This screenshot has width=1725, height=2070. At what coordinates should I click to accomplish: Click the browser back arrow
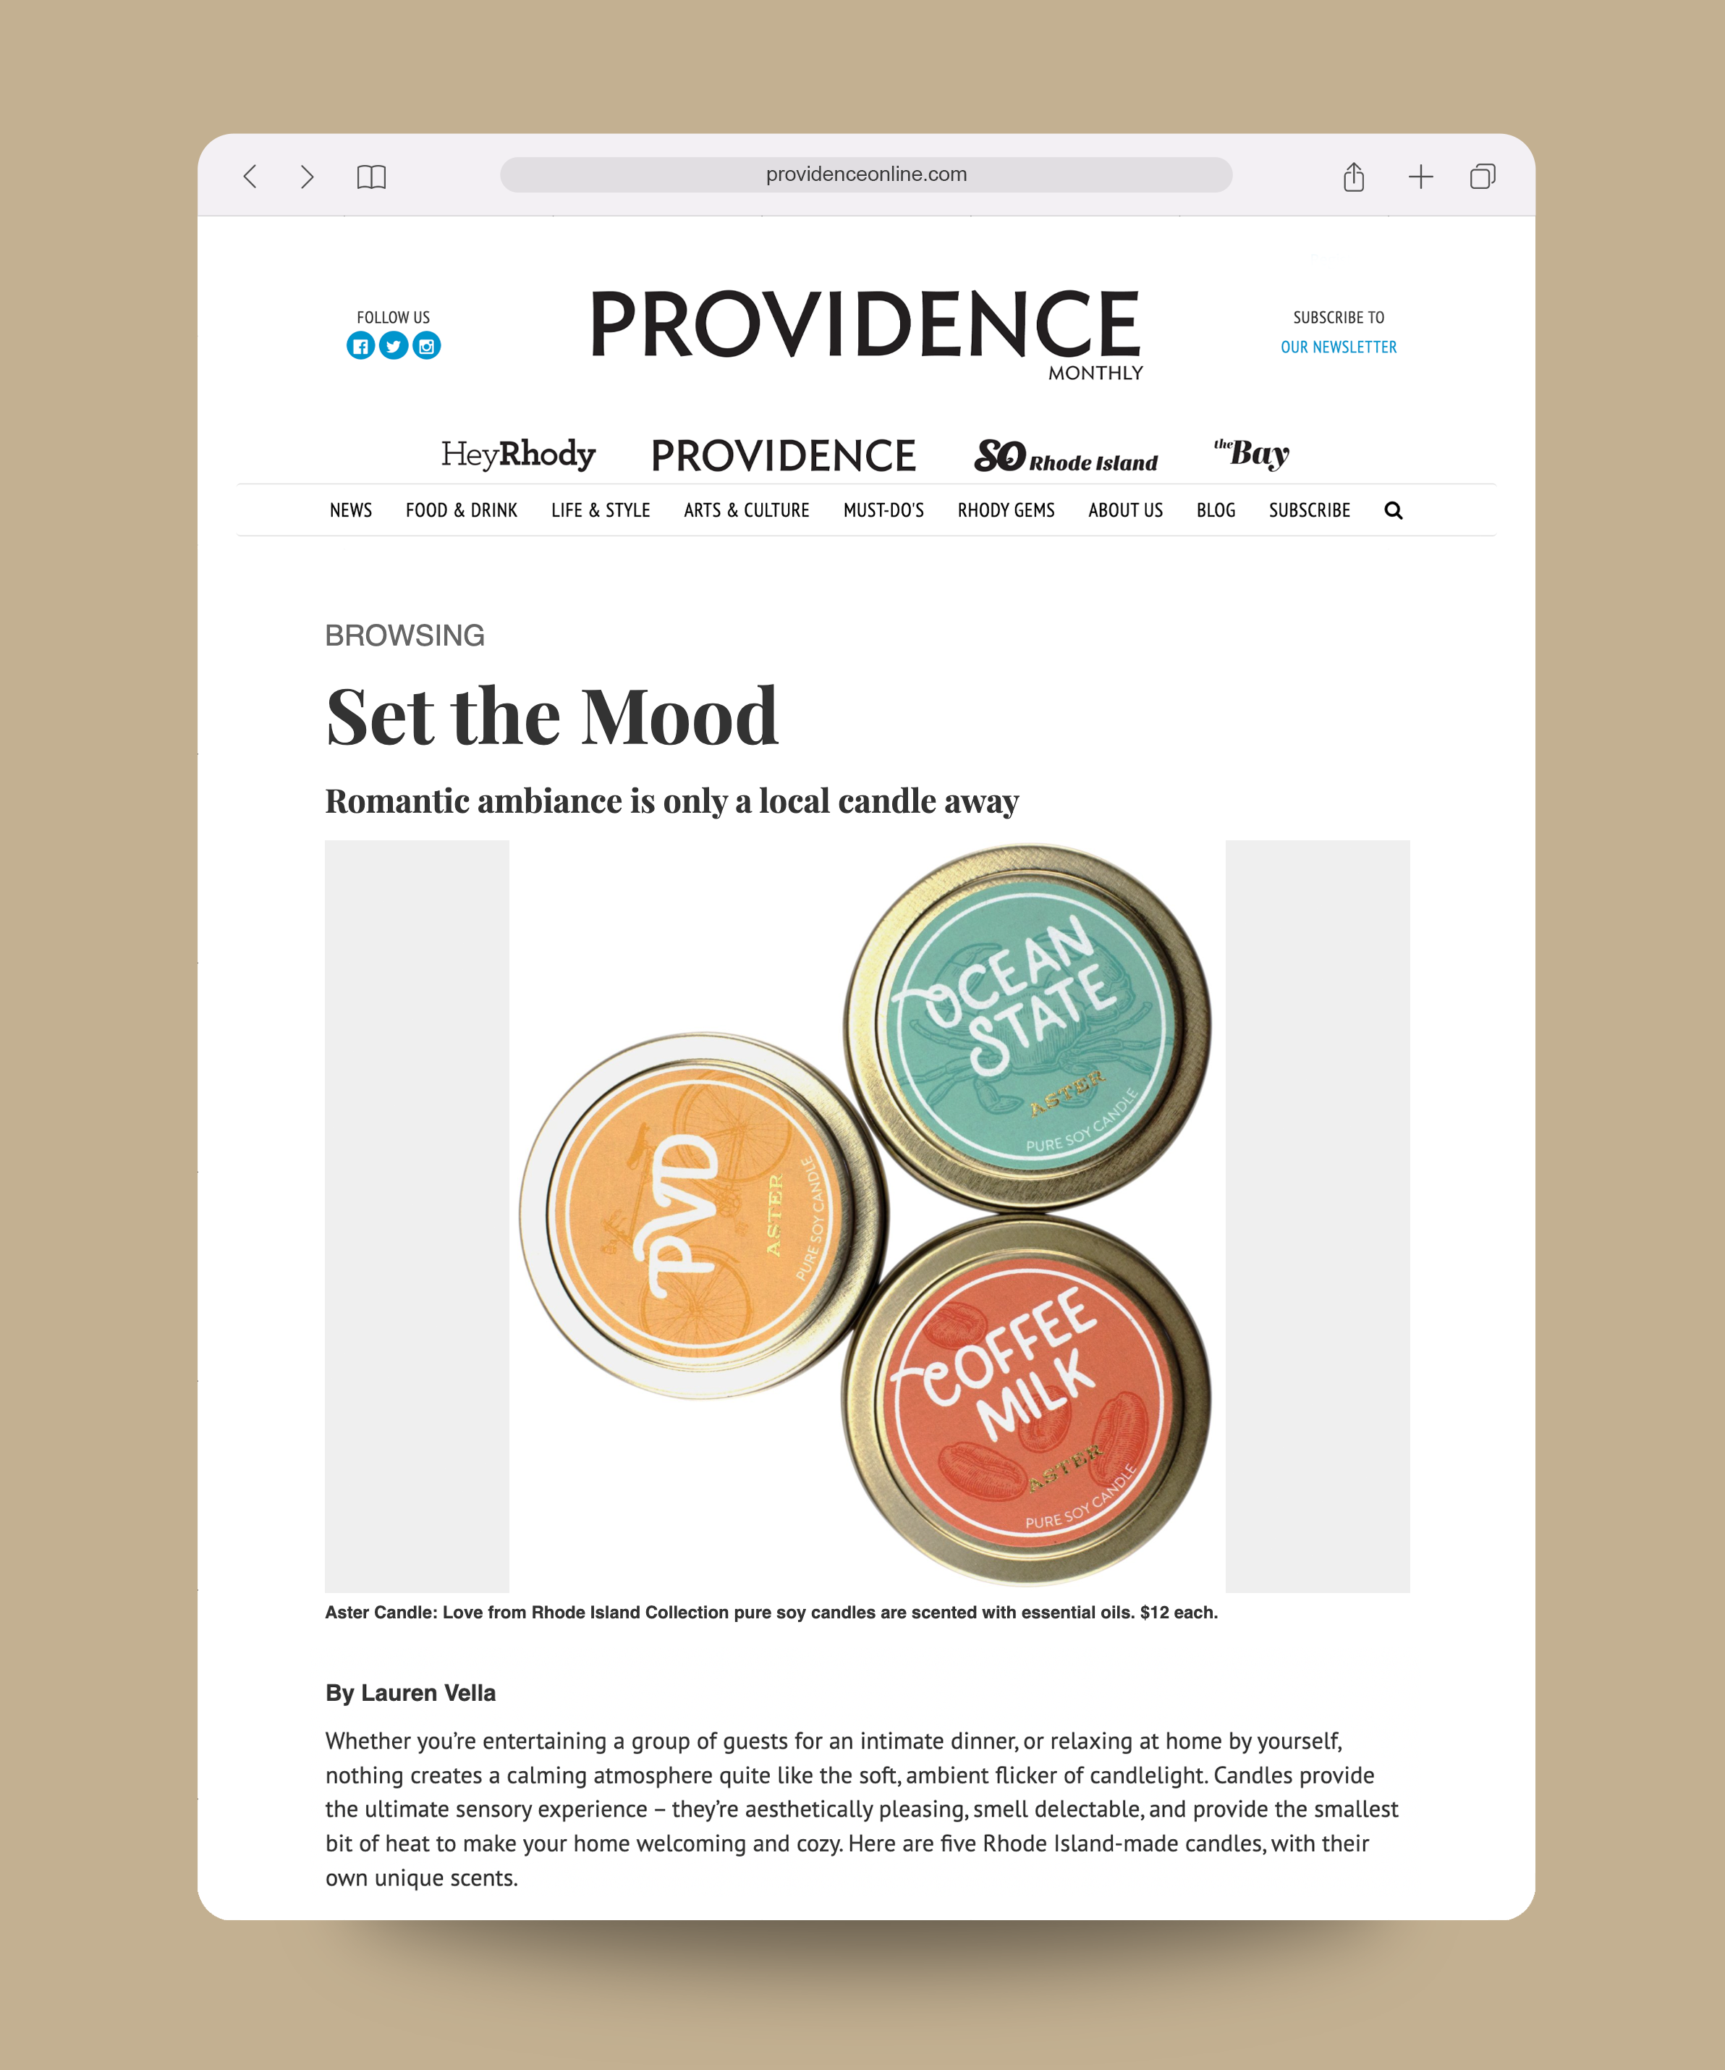(x=250, y=177)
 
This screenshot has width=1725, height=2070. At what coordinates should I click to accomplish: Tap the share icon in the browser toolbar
(x=1353, y=177)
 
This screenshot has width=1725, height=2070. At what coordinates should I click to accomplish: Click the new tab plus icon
(x=1420, y=177)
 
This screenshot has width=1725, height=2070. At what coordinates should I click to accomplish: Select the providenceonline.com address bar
(x=865, y=174)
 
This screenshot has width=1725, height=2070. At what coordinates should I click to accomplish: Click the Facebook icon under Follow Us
(x=361, y=346)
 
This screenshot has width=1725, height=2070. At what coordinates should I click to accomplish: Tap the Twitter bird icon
(x=394, y=346)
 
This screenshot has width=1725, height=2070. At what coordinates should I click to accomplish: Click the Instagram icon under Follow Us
(x=427, y=346)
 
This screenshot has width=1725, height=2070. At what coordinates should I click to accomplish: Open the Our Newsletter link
(x=1338, y=347)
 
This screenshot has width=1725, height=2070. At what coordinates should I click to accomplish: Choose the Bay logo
(x=1252, y=452)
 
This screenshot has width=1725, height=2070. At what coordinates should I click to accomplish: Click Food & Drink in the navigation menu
(x=462, y=510)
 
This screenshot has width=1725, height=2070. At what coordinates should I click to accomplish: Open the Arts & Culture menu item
(x=746, y=510)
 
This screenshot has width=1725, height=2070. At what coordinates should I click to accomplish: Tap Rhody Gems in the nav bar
(x=1006, y=510)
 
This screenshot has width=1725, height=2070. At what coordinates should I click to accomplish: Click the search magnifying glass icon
(x=1393, y=510)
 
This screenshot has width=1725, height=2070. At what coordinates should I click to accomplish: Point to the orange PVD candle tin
(x=695, y=1215)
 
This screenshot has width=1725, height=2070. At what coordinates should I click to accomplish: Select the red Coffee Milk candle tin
(x=1027, y=1400)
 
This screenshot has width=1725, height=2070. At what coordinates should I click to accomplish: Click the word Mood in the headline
(x=679, y=717)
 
